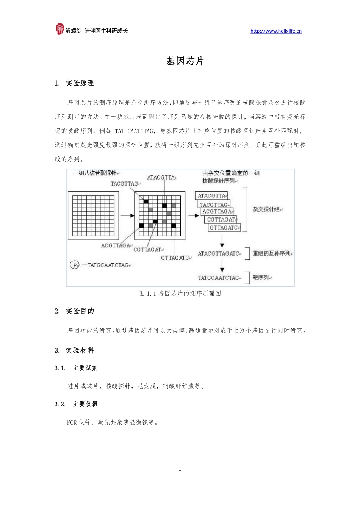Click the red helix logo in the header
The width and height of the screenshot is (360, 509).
pos(59,29)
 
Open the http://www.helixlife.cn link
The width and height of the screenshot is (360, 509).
pos(276,31)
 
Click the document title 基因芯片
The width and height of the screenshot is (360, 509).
pos(185,61)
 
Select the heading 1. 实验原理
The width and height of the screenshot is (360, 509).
pos(74,83)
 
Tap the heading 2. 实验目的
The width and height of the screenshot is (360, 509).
pos(74,311)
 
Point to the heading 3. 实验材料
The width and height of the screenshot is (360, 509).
pos(74,350)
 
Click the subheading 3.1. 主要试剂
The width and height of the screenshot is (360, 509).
pos(76,368)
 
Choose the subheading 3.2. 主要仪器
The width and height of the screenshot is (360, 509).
pos(76,404)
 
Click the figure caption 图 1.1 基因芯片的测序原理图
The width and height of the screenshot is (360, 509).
pos(180,294)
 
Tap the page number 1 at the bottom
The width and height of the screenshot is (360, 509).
pos(180,469)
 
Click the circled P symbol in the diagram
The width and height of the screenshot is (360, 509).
pos(74,265)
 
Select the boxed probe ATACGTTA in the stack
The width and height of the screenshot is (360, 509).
pos(212,196)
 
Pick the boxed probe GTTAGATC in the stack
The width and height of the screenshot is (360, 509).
pos(224,228)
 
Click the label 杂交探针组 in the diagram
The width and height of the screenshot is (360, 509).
pos(267,209)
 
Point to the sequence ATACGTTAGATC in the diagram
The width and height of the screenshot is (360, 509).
pos(219,253)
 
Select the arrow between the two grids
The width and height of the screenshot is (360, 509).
pos(127,215)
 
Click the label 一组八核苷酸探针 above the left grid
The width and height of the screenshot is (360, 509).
pos(95,173)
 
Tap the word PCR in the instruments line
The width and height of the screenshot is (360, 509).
pos(72,422)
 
